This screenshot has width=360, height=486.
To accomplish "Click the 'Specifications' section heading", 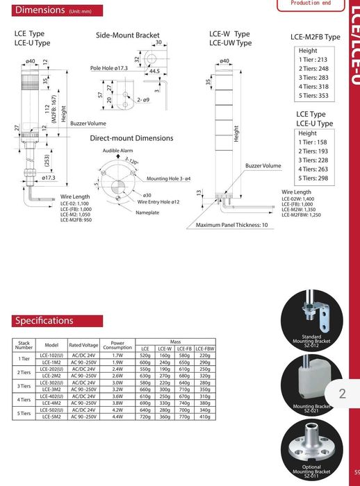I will [44, 321].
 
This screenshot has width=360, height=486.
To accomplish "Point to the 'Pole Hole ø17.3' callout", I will [109, 69].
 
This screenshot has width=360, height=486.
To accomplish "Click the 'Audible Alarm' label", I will [117, 151].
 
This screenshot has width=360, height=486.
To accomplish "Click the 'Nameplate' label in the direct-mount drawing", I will [147, 212].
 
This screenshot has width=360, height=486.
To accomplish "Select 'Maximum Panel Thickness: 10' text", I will [231, 225].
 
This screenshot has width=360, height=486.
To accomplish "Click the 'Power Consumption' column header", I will [117, 345].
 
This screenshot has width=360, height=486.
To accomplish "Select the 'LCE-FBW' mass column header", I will [204, 349].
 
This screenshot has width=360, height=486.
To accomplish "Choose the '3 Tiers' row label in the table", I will [24, 387].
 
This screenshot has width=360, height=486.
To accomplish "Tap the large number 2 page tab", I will [341, 394].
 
